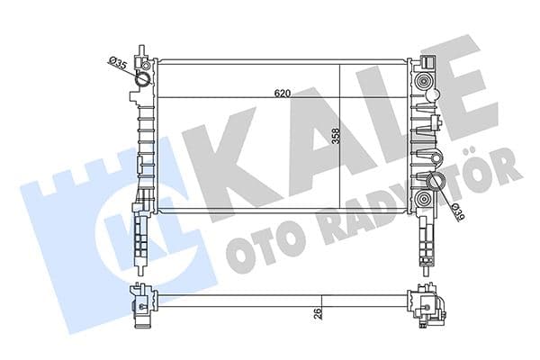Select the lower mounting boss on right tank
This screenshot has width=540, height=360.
tap(422, 199)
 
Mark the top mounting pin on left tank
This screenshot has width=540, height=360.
tap(140, 50)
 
